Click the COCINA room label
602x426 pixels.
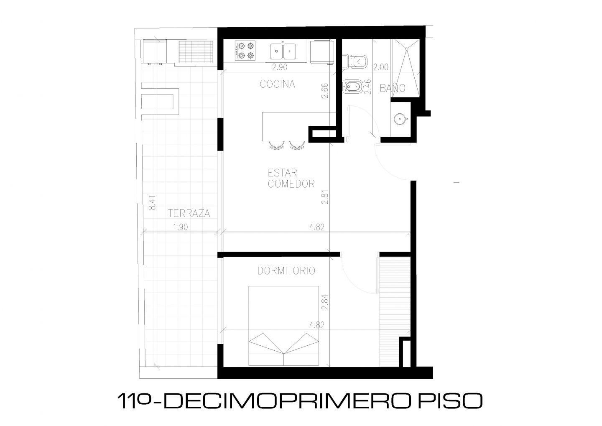click(277, 84)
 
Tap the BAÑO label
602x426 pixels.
click(393, 88)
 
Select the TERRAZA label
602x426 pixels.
click(189, 213)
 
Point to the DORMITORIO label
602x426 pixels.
click(286, 270)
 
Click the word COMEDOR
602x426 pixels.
click(291, 184)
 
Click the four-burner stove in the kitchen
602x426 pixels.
click(245, 51)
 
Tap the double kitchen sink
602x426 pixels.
click(283, 51)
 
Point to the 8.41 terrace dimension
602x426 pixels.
click(152, 203)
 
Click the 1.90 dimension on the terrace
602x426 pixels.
click(180, 227)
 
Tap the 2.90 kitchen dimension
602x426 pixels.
click(280, 67)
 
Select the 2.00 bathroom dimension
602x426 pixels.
click(380, 67)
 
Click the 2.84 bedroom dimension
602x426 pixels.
click(325, 302)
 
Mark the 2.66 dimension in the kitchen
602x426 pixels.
click(325, 91)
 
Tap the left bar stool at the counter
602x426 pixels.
click(277, 145)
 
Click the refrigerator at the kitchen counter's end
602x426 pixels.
click(322, 52)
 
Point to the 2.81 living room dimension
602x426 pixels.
click(325, 197)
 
